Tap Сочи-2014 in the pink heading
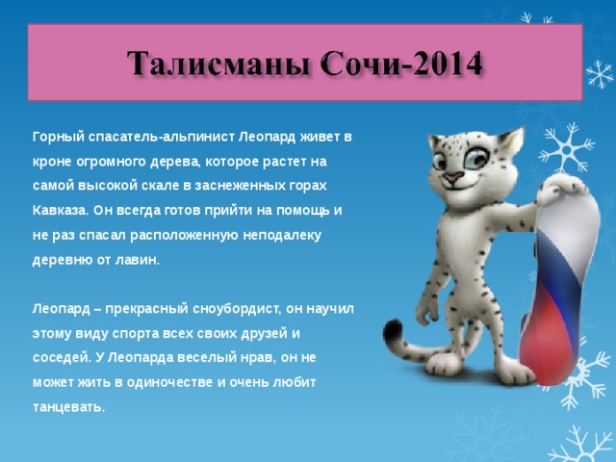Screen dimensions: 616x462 click(x=401, y=64)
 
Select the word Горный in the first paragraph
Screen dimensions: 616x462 click(x=59, y=137)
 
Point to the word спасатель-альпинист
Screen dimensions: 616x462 click(x=162, y=137)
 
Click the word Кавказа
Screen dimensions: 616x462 click(x=61, y=211)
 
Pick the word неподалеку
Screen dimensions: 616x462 click(x=282, y=235)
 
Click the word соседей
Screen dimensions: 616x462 click(x=62, y=358)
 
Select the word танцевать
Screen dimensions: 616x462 click(x=68, y=407)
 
